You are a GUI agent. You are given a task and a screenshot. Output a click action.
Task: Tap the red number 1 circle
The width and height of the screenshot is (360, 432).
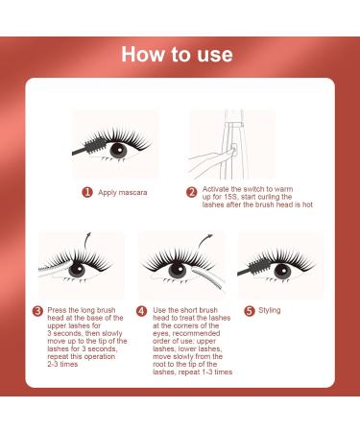click(87, 192)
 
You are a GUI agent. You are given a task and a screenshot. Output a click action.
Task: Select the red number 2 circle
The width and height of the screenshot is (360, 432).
click(191, 192)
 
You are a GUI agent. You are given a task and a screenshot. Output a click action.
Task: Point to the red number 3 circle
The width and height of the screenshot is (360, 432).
click(37, 309)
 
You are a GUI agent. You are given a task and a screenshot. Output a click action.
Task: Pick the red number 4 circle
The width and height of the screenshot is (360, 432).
click(142, 310)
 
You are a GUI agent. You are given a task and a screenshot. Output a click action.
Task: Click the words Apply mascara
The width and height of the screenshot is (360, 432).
click(123, 192)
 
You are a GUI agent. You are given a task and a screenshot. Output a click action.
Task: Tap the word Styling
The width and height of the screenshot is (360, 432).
click(270, 309)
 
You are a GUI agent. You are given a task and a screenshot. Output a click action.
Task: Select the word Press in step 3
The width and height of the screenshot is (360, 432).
click(59, 309)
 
